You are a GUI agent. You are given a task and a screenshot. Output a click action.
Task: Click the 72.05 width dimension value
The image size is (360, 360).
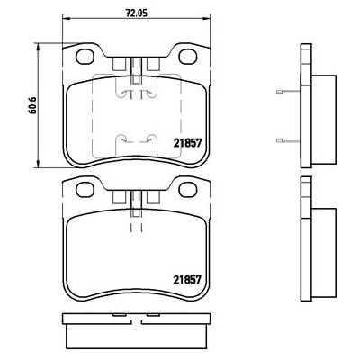coord(136,13)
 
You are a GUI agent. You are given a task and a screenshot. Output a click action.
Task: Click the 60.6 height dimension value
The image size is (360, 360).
coord(32,105)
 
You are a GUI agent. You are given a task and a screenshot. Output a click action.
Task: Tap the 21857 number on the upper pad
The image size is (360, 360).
coord(186,143)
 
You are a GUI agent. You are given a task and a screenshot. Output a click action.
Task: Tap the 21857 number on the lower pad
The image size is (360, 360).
coord(186,280)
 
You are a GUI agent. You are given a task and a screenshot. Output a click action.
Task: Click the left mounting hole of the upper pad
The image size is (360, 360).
coord(85,56)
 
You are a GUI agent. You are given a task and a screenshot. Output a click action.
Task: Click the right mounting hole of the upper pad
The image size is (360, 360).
coord(188,56)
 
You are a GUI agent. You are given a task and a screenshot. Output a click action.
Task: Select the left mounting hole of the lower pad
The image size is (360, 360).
coord(85,190)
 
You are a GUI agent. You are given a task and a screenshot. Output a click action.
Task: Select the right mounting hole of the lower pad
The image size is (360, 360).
coord(188,190)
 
